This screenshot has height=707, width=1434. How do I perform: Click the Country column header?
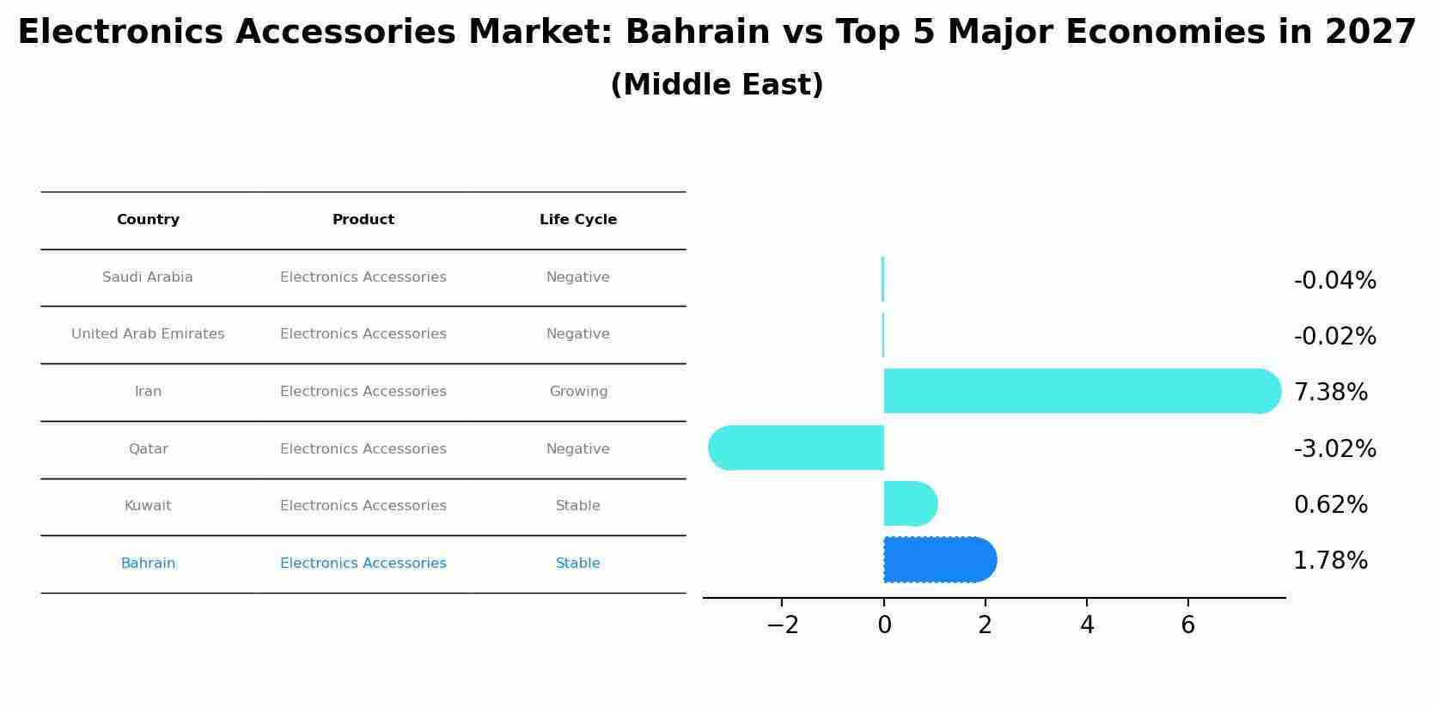tap(148, 220)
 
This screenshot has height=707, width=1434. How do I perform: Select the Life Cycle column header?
tap(577, 220)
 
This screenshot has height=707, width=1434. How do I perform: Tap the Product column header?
tap(363, 220)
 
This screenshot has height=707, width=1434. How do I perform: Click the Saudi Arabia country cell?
tap(148, 277)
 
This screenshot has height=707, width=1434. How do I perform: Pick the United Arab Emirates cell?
tap(148, 334)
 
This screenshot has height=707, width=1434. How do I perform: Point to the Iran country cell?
tap(148, 392)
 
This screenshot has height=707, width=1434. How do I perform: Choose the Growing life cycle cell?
tap(578, 392)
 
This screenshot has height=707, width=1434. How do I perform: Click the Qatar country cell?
tap(148, 449)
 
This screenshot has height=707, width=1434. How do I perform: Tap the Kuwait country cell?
tap(148, 506)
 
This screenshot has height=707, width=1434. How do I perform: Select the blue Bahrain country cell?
tap(148, 564)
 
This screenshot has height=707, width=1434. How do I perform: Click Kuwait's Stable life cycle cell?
tap(577, 506)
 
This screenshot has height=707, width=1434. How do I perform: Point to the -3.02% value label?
tap(1334, 449)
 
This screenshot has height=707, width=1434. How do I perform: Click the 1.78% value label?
tap(1330, 561)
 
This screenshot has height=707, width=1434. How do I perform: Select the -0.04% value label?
tap(1334, 281)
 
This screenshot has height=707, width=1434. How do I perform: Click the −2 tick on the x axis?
tap(782, 625)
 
